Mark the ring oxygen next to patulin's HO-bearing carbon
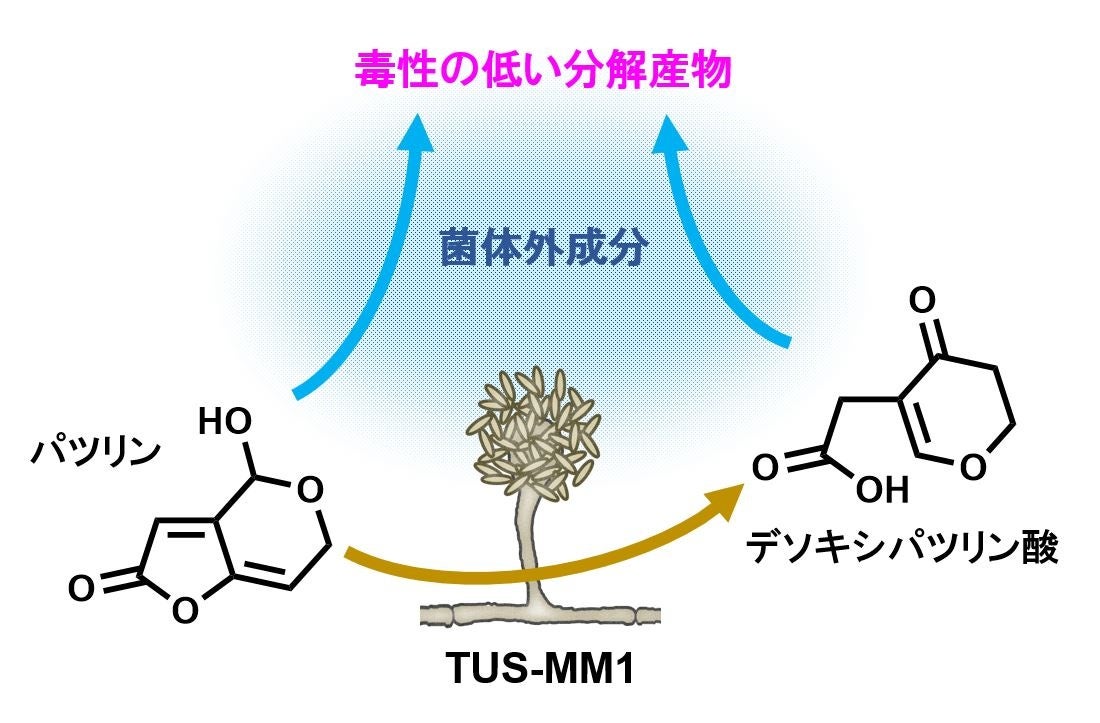pyautogui.click(x=311, y=490)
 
